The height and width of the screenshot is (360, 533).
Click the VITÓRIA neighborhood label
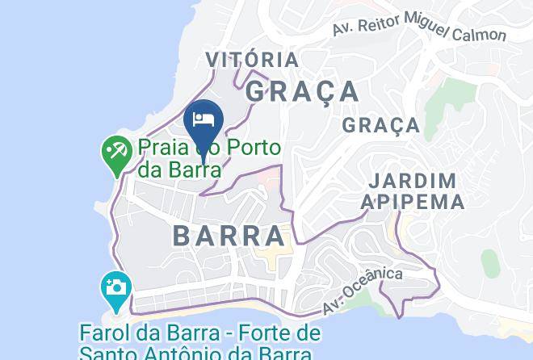(252, 61)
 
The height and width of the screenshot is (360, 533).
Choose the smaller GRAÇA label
(380, 126)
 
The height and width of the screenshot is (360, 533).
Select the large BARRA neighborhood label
(229, 236)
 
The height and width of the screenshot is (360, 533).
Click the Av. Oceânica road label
(362, 291)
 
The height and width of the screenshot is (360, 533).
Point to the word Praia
(164, 148)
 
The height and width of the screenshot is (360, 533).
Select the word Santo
(111, 354)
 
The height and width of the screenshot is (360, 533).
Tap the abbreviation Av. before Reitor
(343, 29)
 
